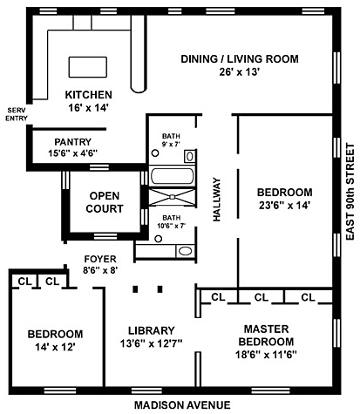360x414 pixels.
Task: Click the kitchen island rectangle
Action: point(87,67)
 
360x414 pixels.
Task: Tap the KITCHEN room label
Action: point(88,95)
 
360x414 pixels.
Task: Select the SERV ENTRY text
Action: point(17,114)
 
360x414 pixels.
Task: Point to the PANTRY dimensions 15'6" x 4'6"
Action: point(72,153)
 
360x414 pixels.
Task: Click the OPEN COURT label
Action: point(105,202)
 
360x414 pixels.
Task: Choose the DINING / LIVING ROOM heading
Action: point(240,59)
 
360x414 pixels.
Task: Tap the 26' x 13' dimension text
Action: point(239,71)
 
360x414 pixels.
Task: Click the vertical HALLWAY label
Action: point(217,200)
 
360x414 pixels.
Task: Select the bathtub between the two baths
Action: point(172,176)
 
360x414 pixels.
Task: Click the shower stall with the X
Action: point(172,197)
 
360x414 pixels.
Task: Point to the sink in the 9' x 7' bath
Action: point(190,156)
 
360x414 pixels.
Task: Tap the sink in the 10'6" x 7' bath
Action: point(185,251)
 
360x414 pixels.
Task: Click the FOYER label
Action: point(100,259)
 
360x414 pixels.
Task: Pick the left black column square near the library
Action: point(135,289)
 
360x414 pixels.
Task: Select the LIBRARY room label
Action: point(152,330)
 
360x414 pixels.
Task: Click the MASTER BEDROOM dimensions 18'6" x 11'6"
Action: point(266,355)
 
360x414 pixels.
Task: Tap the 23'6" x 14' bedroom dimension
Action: point(285,206)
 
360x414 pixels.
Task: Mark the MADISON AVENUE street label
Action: point(182,404)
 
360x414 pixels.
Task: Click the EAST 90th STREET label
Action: point(350,192)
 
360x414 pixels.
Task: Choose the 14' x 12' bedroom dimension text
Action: point(55,347)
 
